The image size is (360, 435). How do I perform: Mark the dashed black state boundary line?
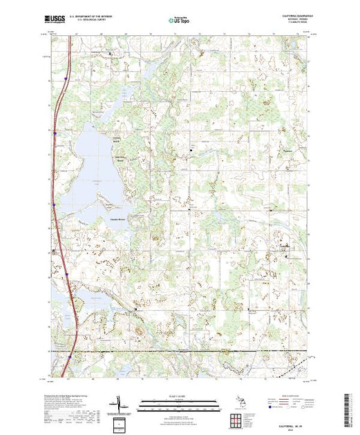point(207,351)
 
